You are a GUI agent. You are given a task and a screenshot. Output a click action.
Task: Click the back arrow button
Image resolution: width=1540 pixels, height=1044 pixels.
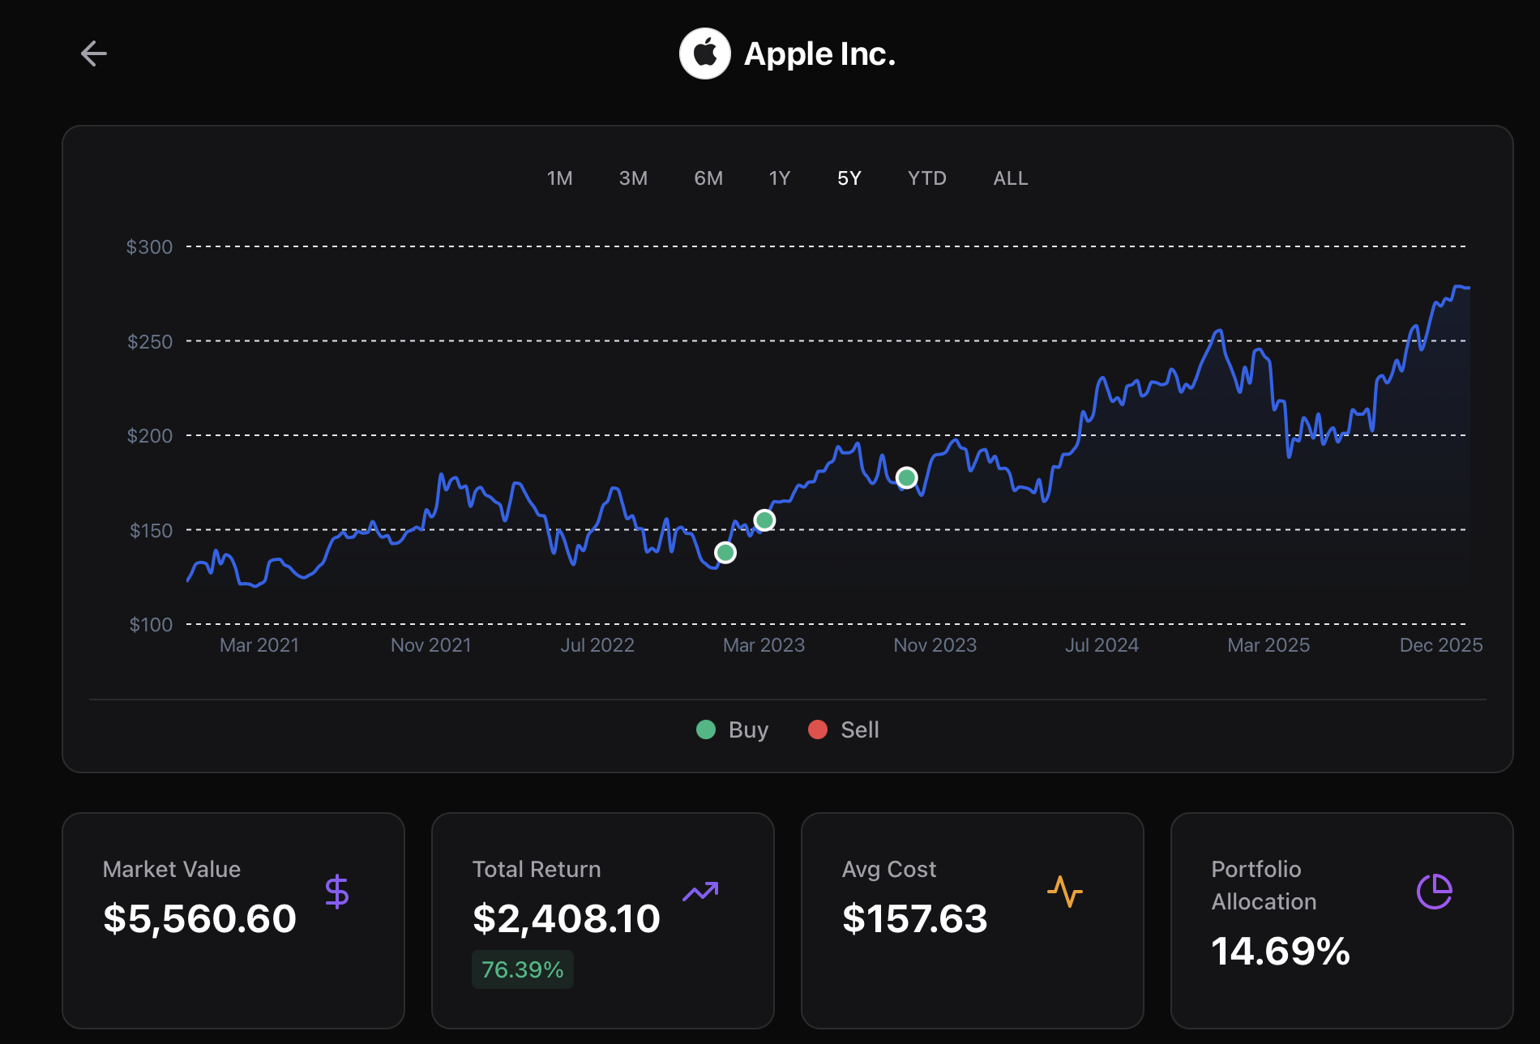[94, 53]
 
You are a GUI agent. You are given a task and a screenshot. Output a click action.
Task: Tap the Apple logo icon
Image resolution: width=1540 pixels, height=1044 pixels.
[704, 53]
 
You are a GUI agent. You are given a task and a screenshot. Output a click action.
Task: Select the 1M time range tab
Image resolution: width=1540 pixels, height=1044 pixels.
[559, 178]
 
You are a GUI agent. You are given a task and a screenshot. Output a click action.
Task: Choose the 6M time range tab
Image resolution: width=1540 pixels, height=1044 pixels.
[708, 178]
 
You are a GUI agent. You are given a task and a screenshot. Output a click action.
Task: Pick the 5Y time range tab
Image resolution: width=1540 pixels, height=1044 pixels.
[849, 178]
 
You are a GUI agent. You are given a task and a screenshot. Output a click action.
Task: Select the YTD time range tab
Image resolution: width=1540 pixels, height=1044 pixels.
[926, 178]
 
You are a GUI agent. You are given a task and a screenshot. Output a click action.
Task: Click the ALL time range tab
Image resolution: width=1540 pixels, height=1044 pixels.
[1010, 178]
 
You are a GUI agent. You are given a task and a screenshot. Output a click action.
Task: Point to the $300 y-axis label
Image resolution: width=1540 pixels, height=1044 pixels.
[149, 247]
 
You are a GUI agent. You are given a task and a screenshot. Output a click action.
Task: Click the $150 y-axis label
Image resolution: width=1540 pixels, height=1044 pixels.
[151, 531]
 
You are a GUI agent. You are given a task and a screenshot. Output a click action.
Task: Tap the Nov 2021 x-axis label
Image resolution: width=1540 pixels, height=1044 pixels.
[430, 645]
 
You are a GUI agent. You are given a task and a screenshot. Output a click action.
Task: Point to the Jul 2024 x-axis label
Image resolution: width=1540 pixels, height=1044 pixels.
[1102, 645]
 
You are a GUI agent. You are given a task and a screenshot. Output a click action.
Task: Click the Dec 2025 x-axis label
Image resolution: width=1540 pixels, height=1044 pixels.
[1440, 645]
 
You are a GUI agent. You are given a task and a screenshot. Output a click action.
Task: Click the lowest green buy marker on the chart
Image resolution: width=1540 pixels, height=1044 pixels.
[725, 553]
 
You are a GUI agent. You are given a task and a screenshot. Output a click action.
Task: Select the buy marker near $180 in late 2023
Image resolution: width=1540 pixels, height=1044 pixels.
[907, 478]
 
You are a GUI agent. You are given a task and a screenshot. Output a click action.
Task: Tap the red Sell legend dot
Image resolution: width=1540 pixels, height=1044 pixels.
[818, 730]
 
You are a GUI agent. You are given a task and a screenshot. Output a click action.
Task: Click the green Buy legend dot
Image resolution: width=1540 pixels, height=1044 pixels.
[706, 730]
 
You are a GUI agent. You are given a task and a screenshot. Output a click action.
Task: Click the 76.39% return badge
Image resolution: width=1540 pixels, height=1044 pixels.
[522, 969]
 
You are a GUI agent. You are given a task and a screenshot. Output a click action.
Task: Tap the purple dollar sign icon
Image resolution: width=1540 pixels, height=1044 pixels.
[337, 892]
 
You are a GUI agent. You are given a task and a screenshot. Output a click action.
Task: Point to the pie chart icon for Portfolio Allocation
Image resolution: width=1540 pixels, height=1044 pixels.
[1434, 892]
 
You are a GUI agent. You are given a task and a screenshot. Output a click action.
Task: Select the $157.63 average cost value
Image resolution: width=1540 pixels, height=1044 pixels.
[914, 918]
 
